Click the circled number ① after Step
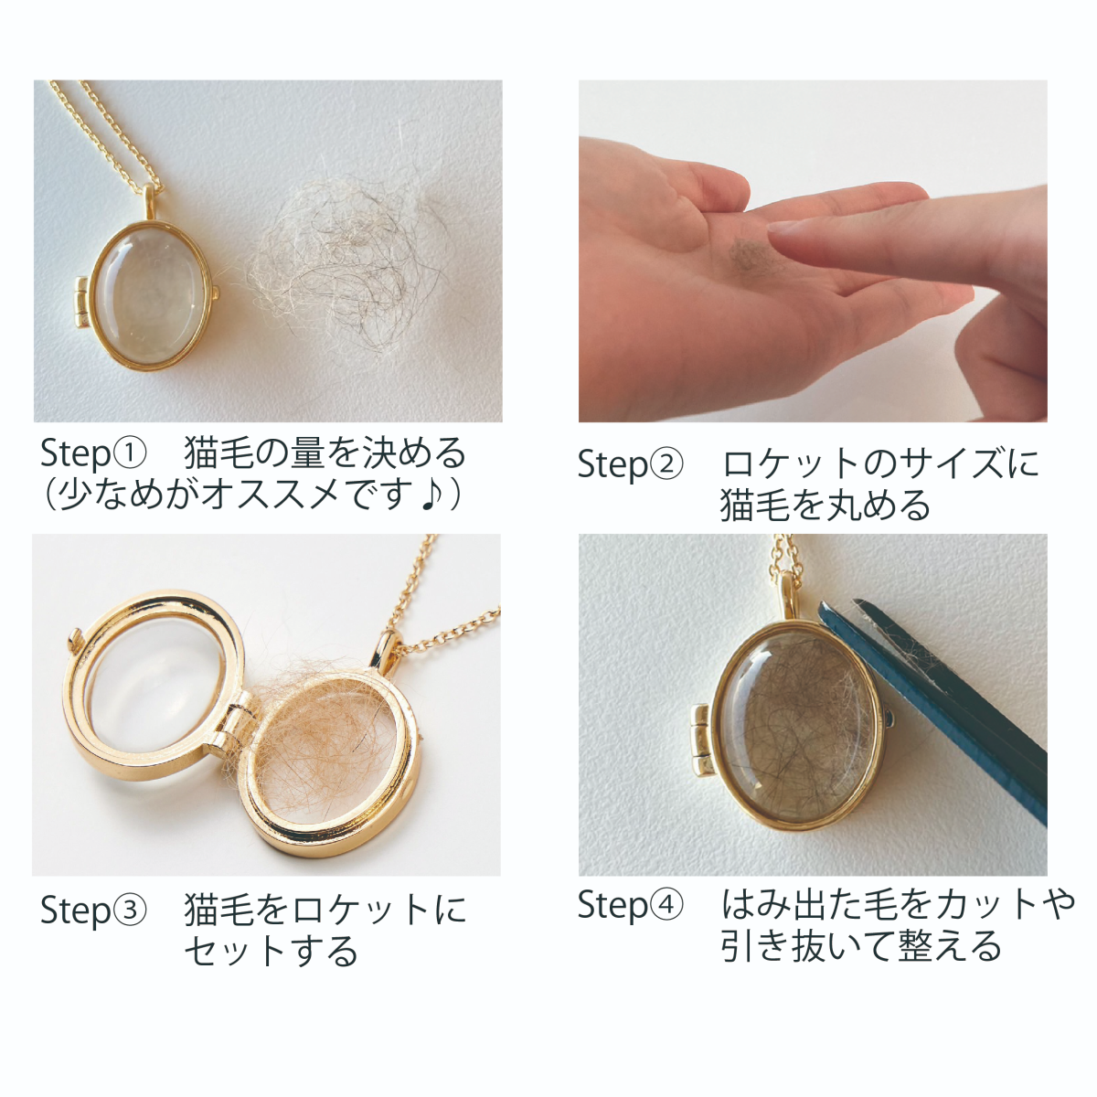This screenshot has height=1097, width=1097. (131, 453)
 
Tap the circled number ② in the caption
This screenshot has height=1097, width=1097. (666, 463)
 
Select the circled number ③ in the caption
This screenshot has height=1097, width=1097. (131, 909)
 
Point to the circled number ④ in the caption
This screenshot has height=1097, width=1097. (666, 903)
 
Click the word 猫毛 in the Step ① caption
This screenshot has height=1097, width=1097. (219, 453)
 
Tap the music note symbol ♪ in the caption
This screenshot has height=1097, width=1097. (433, 495)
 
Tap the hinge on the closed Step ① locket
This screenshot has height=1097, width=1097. (82, 303)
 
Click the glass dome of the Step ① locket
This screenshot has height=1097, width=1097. (152, 294)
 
